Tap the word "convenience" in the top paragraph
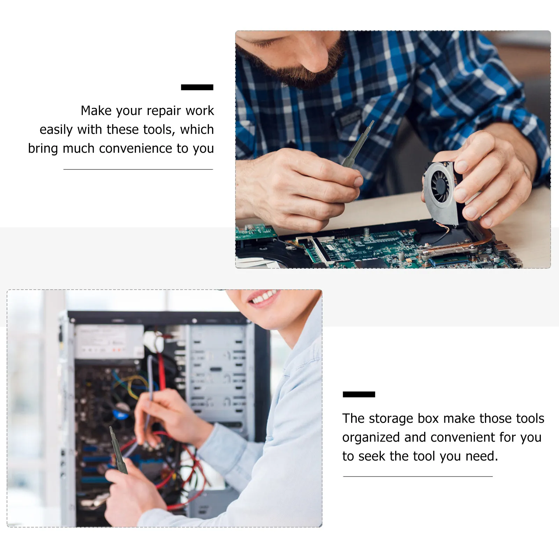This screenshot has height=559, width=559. coord(136,149)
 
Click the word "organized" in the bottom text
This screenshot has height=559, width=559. coord(371,437)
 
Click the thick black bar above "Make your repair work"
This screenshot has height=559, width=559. coord(197,87)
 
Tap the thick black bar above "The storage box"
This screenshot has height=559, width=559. coord(358,394)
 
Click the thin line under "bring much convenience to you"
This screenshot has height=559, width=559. coord(138,169)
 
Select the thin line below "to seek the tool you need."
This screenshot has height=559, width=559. coord(418,476)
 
